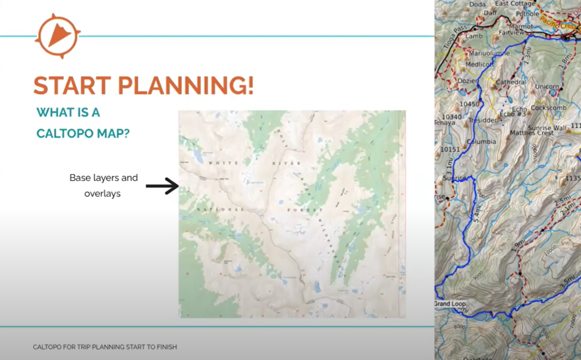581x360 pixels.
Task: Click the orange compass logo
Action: tap(57, 36)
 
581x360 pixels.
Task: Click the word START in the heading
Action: tap(71, 85)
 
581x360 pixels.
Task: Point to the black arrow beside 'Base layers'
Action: tap(162, 186)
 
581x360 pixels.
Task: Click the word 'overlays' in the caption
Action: tap(102, 193)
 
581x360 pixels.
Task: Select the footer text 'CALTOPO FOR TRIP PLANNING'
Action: tap(104, 347)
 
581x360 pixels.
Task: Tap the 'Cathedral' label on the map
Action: tap(511, 82)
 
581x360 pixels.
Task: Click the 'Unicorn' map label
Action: tap(547, 87)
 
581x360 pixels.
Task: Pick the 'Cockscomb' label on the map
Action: tap(548, 107)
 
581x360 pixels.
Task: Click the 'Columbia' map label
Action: tap(481, 142)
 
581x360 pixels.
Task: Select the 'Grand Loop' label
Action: tap(450, 304)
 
